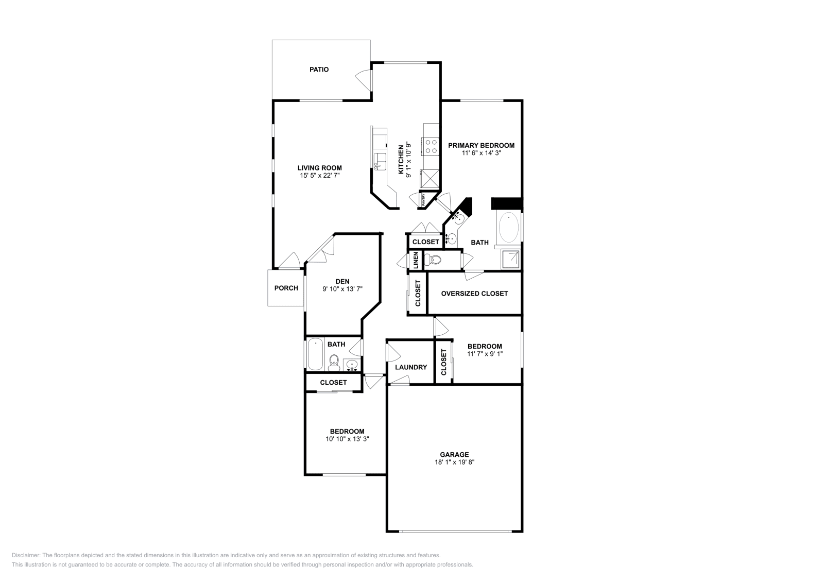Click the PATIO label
point(319,70)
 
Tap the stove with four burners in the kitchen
point(431,146)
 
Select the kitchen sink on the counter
point(381,161)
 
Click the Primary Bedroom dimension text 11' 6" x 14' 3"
point(481,153)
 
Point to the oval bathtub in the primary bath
point(509,228)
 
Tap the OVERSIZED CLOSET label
point(474,294)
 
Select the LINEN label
point(415,260)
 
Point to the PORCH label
point(286,288)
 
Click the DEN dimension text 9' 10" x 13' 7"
point(342,289)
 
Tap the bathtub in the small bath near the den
point(315,354)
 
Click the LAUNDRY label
point(411,367)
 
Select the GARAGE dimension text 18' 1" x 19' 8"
point(454,462)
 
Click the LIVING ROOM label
point(319,168)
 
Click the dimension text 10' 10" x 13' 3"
point(347,439)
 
